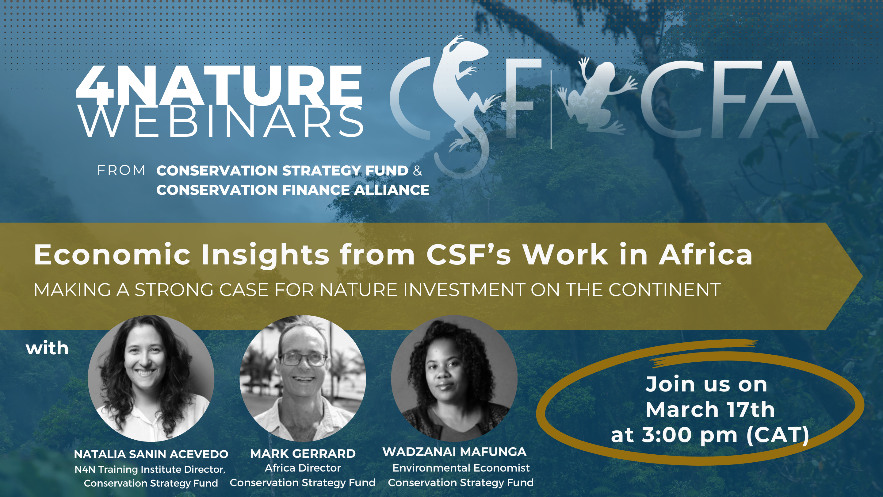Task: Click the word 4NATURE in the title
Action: click(x=219, y=86)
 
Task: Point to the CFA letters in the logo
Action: click(x=728, y=99)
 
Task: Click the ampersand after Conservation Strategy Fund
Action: click(x=418, y=171)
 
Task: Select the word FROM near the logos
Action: click(x=121, y=171)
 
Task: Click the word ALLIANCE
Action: click(x=392, y=190)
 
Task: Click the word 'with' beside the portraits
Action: click(x=47, y=348)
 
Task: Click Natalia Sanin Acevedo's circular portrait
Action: click(x=151, y=378)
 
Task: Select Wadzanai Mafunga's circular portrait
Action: click(x=454, y=378)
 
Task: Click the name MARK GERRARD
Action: click(x=303, y=454)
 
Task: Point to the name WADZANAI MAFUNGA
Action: click(x=454, y=452)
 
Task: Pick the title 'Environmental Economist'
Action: click(x=461, y=468)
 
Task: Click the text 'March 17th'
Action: click(x=710, y=410)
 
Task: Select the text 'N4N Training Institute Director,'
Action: click(x=150, y=469)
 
